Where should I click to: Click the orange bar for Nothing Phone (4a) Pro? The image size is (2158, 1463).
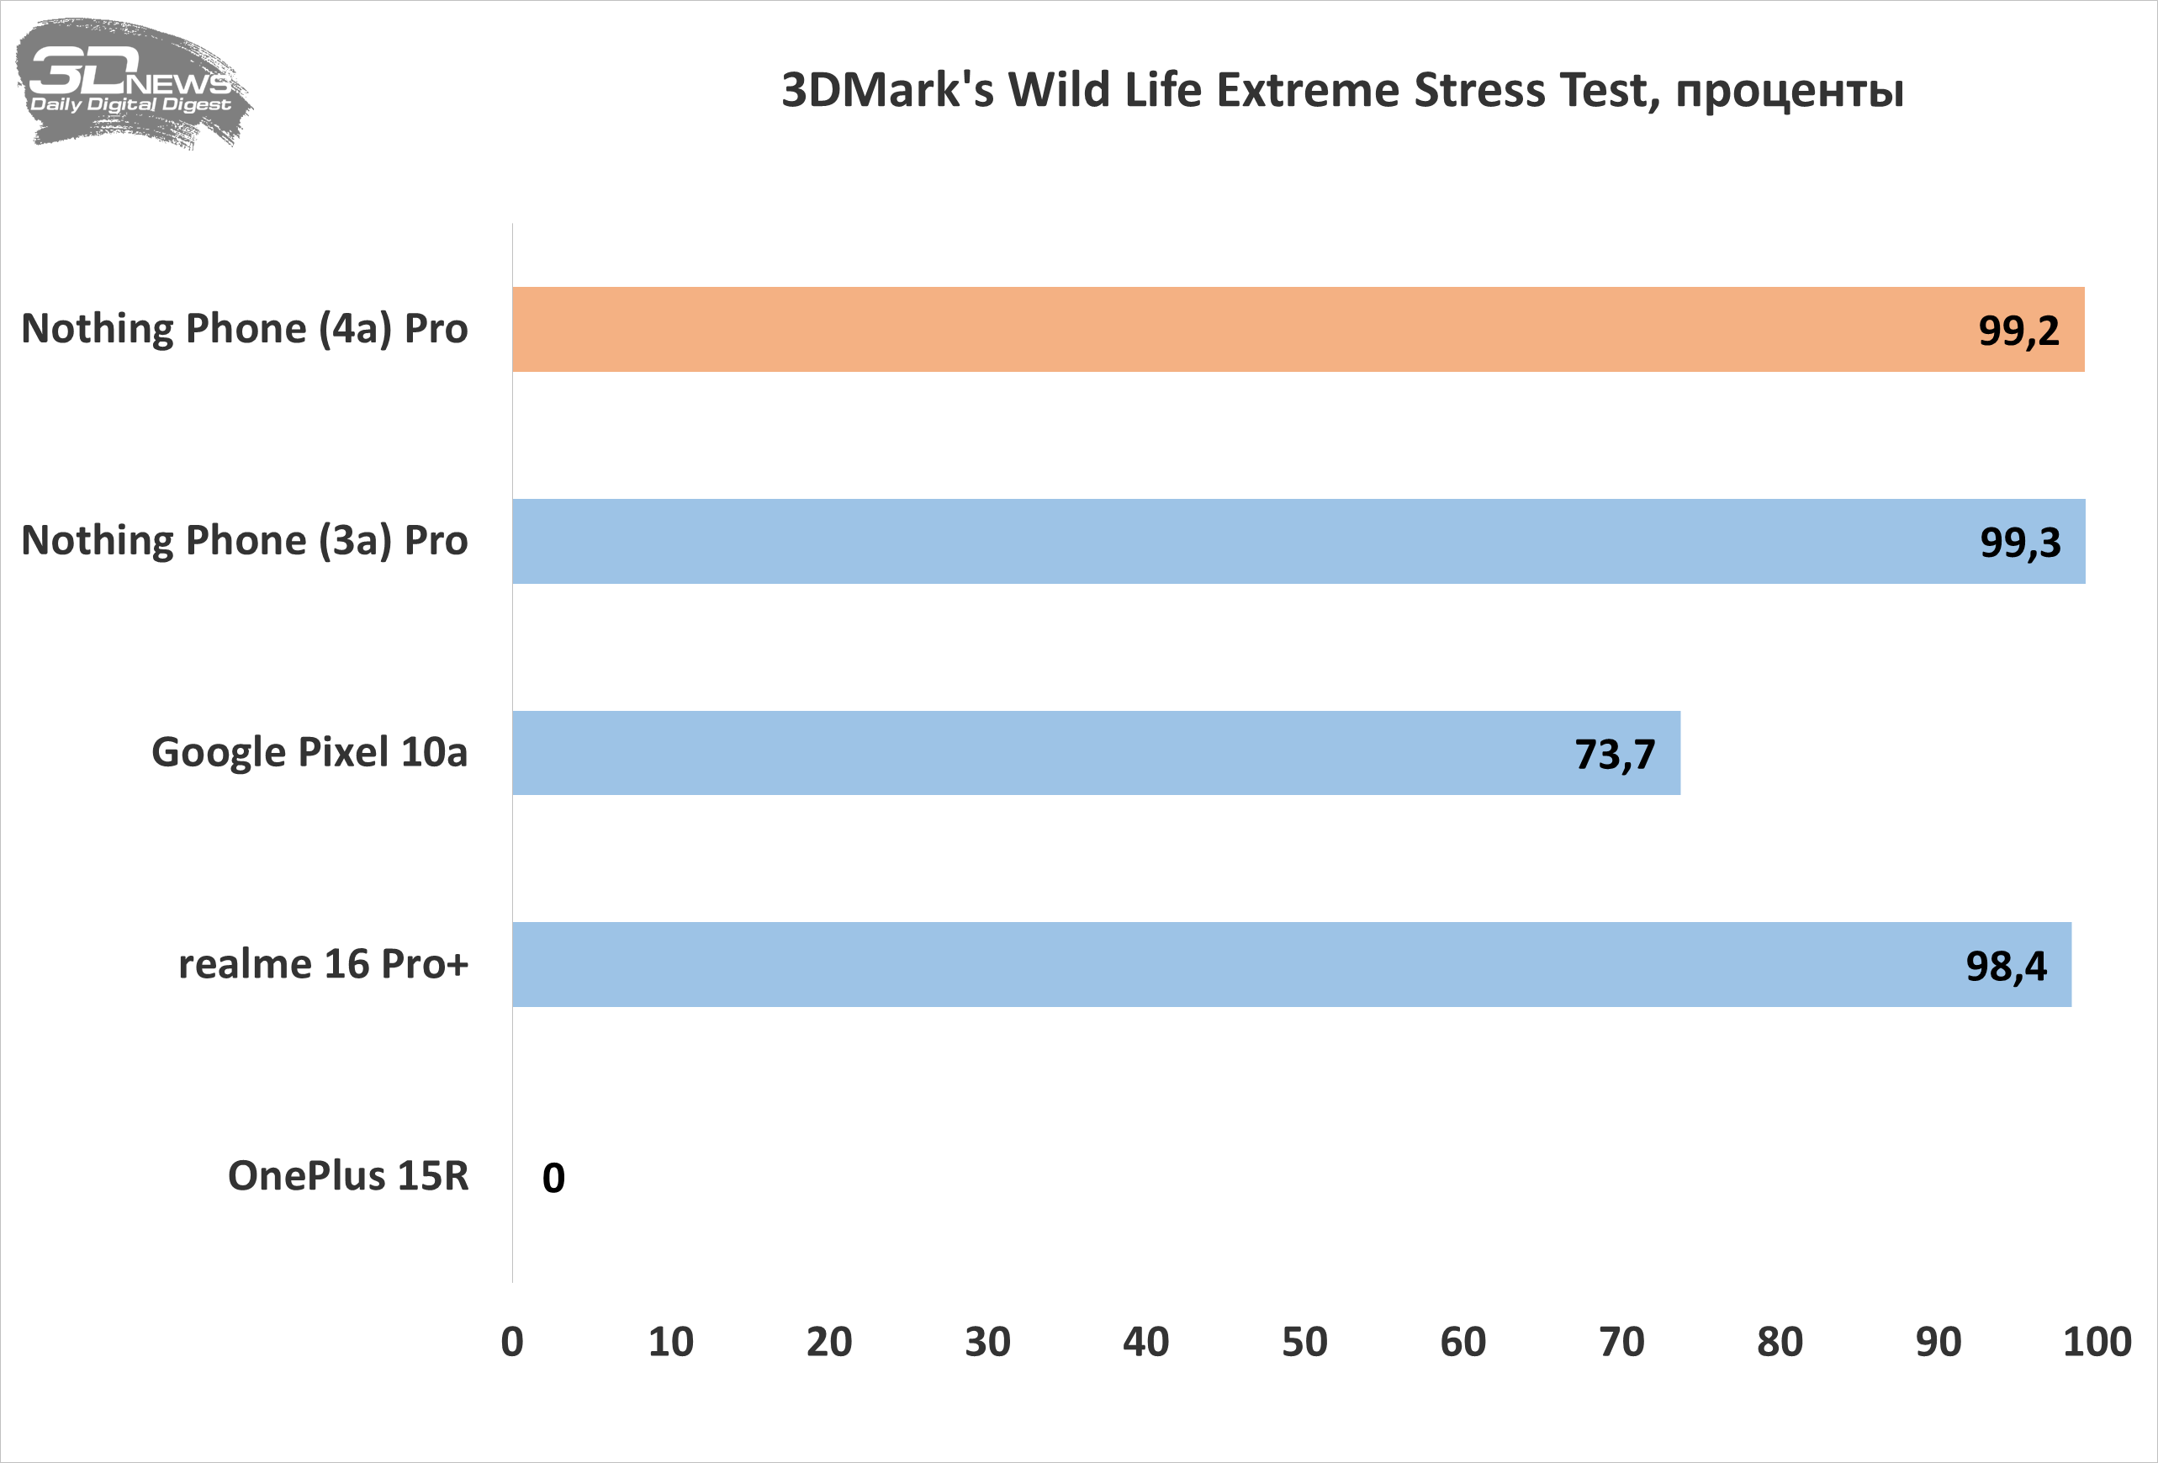1207,330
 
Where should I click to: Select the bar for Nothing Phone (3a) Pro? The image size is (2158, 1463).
1207,542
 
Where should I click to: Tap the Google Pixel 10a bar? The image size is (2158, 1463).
1022,753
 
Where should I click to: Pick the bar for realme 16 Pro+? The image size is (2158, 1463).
1207,964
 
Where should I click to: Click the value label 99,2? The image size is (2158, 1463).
2018,331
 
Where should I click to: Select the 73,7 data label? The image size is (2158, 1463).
1614,755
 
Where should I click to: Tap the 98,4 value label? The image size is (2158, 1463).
2006,966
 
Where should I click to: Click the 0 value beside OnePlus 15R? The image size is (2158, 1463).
553,1178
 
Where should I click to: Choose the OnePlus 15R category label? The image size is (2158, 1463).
348,1176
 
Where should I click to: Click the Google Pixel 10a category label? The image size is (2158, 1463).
309,752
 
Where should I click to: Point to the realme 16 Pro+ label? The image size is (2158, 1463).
323,964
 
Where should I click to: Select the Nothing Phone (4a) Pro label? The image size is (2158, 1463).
244,329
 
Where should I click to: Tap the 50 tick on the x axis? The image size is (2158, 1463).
1304,1342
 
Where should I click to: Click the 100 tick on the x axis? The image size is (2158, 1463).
2097,1342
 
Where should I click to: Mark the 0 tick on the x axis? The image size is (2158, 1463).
511,1342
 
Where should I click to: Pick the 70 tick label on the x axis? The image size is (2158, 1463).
1621,1342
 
